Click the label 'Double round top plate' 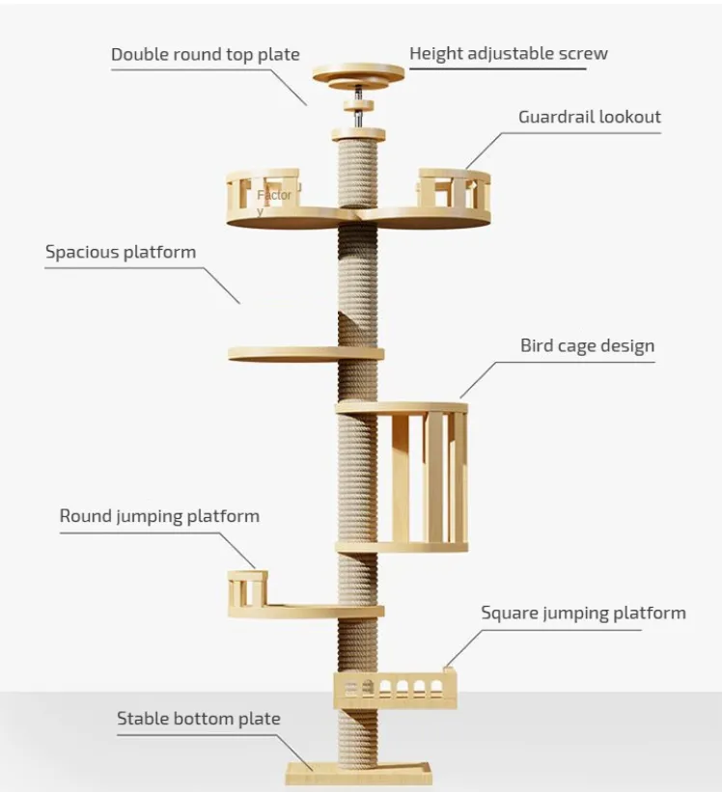(x=205, y=54)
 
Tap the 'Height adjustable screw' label (x=509, y=53)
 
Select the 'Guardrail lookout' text (x=589, y=117)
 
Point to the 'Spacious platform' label (x=121, y=253)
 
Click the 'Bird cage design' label (x=587, y=345)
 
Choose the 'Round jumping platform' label (x=159, y=516)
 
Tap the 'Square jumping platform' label (x=583, y=613)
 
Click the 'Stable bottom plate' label (x=198, y=719)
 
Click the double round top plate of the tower (x=359, y=74)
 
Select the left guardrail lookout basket (x=264, y=198)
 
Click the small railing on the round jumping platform (x=247, y=588)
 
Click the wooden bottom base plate (x=358, y=773)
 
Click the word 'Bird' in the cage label (x=539, y=345)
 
